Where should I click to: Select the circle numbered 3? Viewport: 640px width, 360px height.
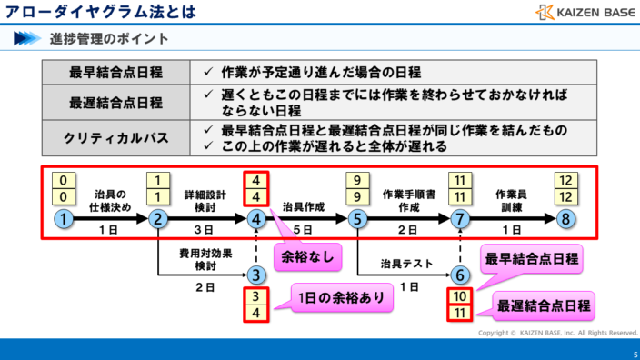click(x=257, y=275)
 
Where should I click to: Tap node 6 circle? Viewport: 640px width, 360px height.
click(x=461, y=275)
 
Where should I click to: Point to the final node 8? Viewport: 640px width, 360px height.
click(x=565, y=219)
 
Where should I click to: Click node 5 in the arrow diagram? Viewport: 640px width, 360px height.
click(x=358, y=219)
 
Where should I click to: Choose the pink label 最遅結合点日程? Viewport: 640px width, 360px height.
click(x=542, y=304)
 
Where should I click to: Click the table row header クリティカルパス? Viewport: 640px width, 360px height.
click(x=116, y=137)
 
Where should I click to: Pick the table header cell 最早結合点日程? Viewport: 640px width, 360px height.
click(x=116, y=73)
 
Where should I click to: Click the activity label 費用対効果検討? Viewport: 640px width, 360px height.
click(x=205, y=260)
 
